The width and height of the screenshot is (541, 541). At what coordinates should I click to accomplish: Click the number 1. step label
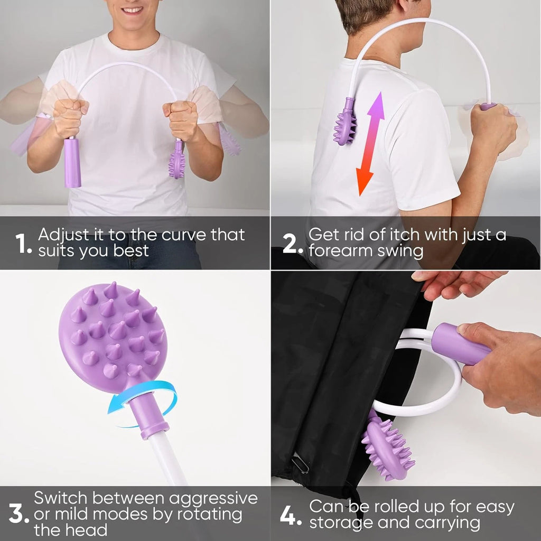tap(23, 243)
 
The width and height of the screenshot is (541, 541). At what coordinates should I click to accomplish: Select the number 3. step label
tap(19, 514)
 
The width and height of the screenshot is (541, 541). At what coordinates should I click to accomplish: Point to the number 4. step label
tap(291, 516)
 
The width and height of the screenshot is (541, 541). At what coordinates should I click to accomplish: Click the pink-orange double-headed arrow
tap(370, 144)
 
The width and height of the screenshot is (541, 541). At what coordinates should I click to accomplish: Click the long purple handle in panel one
tap(72, 162)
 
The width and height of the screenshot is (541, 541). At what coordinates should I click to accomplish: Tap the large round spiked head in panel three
tap(113, 337)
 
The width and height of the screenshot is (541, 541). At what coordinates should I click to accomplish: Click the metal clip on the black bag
tap(300, 464)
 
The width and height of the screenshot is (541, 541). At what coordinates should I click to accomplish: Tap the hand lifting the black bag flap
tap(455, 284)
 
